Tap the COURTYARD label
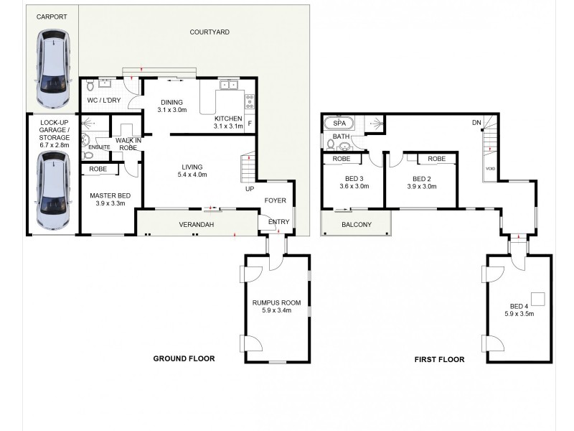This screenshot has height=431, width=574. point(210,32)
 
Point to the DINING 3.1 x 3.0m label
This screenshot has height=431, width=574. point(172,106)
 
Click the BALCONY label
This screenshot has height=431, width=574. point(357,225)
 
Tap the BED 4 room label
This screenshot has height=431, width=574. point(519,310)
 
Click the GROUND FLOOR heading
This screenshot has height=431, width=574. point(184,358)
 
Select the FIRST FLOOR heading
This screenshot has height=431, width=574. point(439,359)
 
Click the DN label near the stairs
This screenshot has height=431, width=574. point(476,123)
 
